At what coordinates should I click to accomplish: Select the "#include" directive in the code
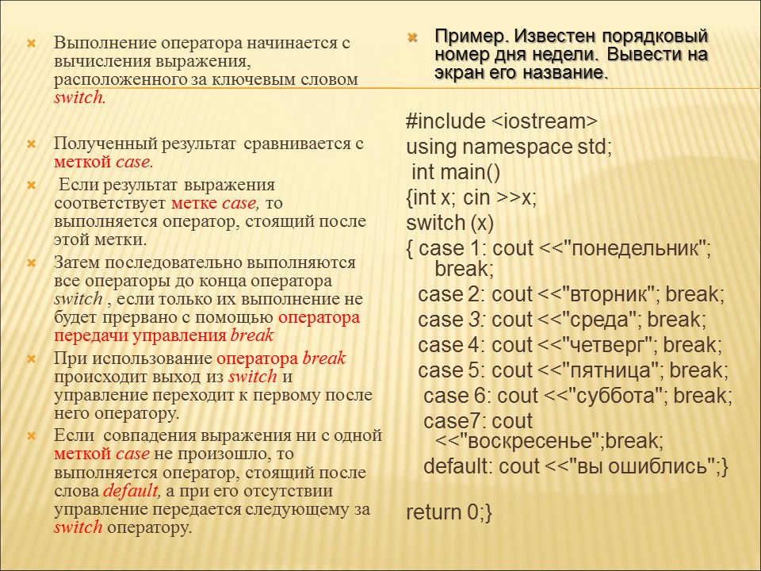tap(446, 121)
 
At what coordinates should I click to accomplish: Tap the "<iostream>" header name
tap(545, 121)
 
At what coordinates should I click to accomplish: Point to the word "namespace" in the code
tap(518, 148)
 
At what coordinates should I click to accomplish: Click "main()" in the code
tap(470, 172)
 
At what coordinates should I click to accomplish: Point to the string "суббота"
tap(617, 397)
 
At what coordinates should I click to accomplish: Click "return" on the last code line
tap(434, 512)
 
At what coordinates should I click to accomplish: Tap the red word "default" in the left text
tap(131, 490)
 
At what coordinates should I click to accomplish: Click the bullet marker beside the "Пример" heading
tap(412, 37)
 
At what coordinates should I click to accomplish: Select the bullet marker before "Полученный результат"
tap(31, 144)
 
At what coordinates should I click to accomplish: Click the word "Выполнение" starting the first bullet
tap(105, 43)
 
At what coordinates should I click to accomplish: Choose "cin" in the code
tap(476, 197)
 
